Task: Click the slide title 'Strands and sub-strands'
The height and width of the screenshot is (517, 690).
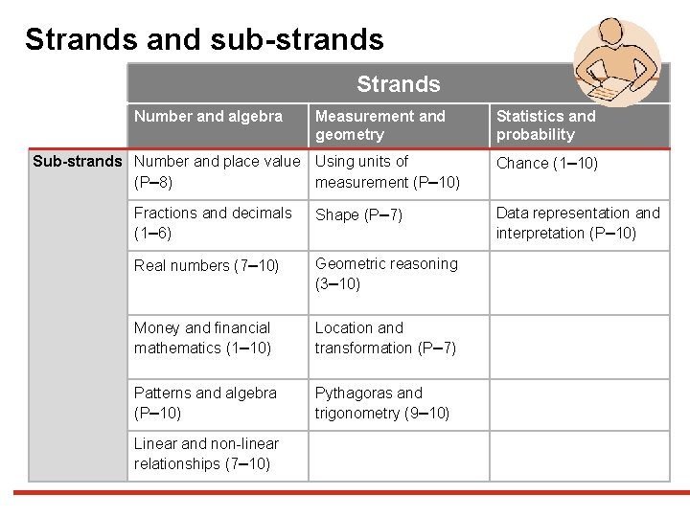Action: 204,39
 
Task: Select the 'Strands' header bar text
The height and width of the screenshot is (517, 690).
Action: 398,84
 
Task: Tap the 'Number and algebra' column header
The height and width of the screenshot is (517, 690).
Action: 208,117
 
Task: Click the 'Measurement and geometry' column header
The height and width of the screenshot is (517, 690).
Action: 380,125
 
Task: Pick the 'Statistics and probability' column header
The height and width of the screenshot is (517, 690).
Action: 545,125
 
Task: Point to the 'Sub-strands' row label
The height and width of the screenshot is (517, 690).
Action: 78,161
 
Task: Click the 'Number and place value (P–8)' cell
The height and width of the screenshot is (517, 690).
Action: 217,171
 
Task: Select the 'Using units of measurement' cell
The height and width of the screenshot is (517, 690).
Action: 387,171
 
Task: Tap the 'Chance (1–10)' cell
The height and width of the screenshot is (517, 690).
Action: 546,163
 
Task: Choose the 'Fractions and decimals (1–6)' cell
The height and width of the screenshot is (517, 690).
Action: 213,223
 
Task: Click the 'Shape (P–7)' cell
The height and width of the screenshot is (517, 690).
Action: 359,214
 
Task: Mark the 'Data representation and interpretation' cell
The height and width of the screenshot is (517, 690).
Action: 578,223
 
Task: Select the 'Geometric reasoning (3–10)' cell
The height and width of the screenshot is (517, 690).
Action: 386,274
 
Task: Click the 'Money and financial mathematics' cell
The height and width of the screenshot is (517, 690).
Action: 202,338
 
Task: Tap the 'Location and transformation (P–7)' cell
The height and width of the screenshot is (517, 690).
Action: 385,338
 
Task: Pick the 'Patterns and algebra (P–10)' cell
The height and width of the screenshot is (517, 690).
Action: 205,403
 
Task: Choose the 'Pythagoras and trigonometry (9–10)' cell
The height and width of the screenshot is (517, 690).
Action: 381,403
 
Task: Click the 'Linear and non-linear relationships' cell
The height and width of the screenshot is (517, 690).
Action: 206,454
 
